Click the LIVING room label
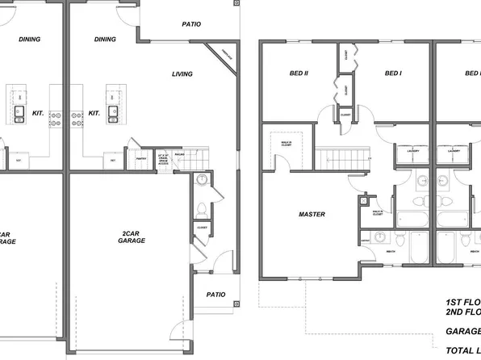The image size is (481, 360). point(182,74)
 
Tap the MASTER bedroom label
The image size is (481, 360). point(312,215)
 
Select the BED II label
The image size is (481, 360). point(299,73)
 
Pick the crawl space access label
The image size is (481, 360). point(163,157)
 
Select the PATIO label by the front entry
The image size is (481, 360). point(215,295)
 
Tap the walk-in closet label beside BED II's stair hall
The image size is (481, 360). point(280,146)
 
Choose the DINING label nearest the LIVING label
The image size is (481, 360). point(105,39)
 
